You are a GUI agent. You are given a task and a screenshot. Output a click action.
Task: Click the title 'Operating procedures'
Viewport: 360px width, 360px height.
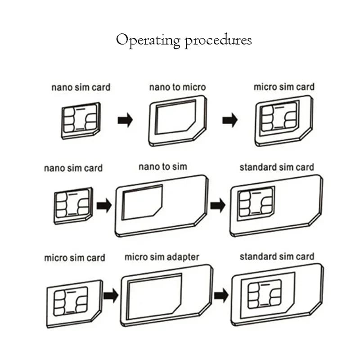184,40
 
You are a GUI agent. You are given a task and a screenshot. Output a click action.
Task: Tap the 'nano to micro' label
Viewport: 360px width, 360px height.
177,87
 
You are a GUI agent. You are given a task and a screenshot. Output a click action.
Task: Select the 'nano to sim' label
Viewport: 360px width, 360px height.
162,166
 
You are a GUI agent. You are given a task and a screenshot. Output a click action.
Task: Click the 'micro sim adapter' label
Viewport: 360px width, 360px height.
162,257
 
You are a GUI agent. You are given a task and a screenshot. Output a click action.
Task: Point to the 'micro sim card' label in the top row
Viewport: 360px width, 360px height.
284,86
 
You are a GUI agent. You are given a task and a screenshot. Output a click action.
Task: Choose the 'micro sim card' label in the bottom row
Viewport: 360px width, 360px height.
74,258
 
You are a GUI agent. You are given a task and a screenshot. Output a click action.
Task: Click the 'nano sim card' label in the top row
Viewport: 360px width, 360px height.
81,87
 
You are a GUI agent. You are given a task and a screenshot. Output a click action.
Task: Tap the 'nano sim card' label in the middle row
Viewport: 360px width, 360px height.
73,168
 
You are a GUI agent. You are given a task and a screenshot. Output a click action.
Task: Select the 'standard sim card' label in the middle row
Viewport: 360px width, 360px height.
277,167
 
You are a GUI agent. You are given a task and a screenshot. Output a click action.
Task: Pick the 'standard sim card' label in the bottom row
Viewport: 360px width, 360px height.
277,257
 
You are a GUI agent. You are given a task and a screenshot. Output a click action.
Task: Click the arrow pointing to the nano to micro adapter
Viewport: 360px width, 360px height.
125,121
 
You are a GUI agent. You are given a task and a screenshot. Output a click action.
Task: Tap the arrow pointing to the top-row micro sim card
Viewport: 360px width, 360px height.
229,121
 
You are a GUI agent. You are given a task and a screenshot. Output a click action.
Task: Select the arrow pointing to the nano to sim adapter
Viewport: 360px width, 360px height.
104,206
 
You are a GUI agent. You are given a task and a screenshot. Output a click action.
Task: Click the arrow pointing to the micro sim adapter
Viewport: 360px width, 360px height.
111,296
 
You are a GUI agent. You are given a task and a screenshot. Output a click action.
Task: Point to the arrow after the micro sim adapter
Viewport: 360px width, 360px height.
220,296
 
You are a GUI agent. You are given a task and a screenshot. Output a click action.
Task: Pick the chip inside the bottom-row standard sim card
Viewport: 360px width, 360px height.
264,294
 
